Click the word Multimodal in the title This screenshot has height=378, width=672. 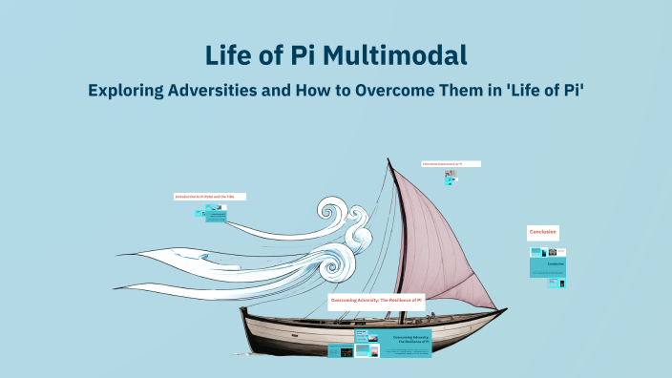click(x=394, y=54)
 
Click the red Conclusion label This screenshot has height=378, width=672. click(x=543, y=232)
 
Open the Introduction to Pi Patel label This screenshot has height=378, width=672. click(x=209, y=196)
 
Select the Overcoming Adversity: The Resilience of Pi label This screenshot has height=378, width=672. click(x=376, y=300)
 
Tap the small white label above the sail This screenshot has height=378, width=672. click(x=451, y=164)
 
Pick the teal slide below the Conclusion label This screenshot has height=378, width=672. click(x=548, y=262)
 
